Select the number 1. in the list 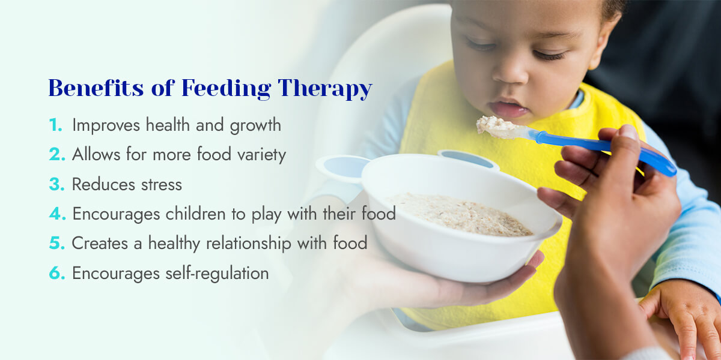click(56, 125)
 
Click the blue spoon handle click(607, 148)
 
